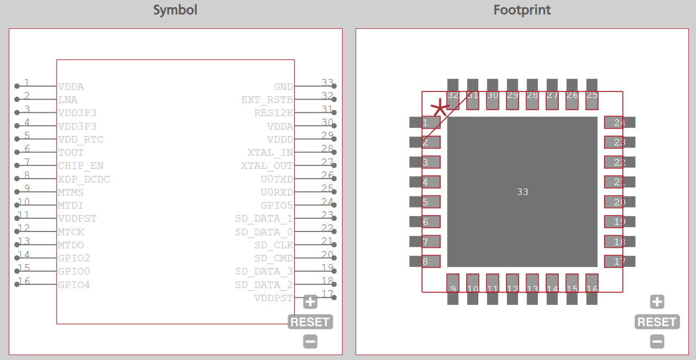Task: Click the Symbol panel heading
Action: tap(175, 10)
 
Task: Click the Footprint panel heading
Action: tap(522, 10)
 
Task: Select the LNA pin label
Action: tap(68, 100)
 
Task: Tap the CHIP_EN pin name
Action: tap(81, 166)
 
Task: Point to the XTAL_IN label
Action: tap(270, 153)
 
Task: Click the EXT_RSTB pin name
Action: tap(267, 100)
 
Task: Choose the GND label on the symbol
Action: tap(283, 87)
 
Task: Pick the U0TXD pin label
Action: tap(277, 179)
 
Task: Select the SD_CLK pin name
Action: tap(273, 245)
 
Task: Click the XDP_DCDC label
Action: tap(84, 179)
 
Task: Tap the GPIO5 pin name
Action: tap(277, 206)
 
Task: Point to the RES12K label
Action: tap(273, 113)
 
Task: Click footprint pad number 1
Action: tap(425, 123)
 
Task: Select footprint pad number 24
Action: tap(620, 123)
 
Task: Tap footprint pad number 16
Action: tap(592, 289)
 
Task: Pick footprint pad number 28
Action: tap(532, 95)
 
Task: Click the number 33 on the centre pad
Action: tap(522, 192)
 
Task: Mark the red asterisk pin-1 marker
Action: tap(439, 107)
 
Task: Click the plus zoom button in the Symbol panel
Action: tap(310, 302)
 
